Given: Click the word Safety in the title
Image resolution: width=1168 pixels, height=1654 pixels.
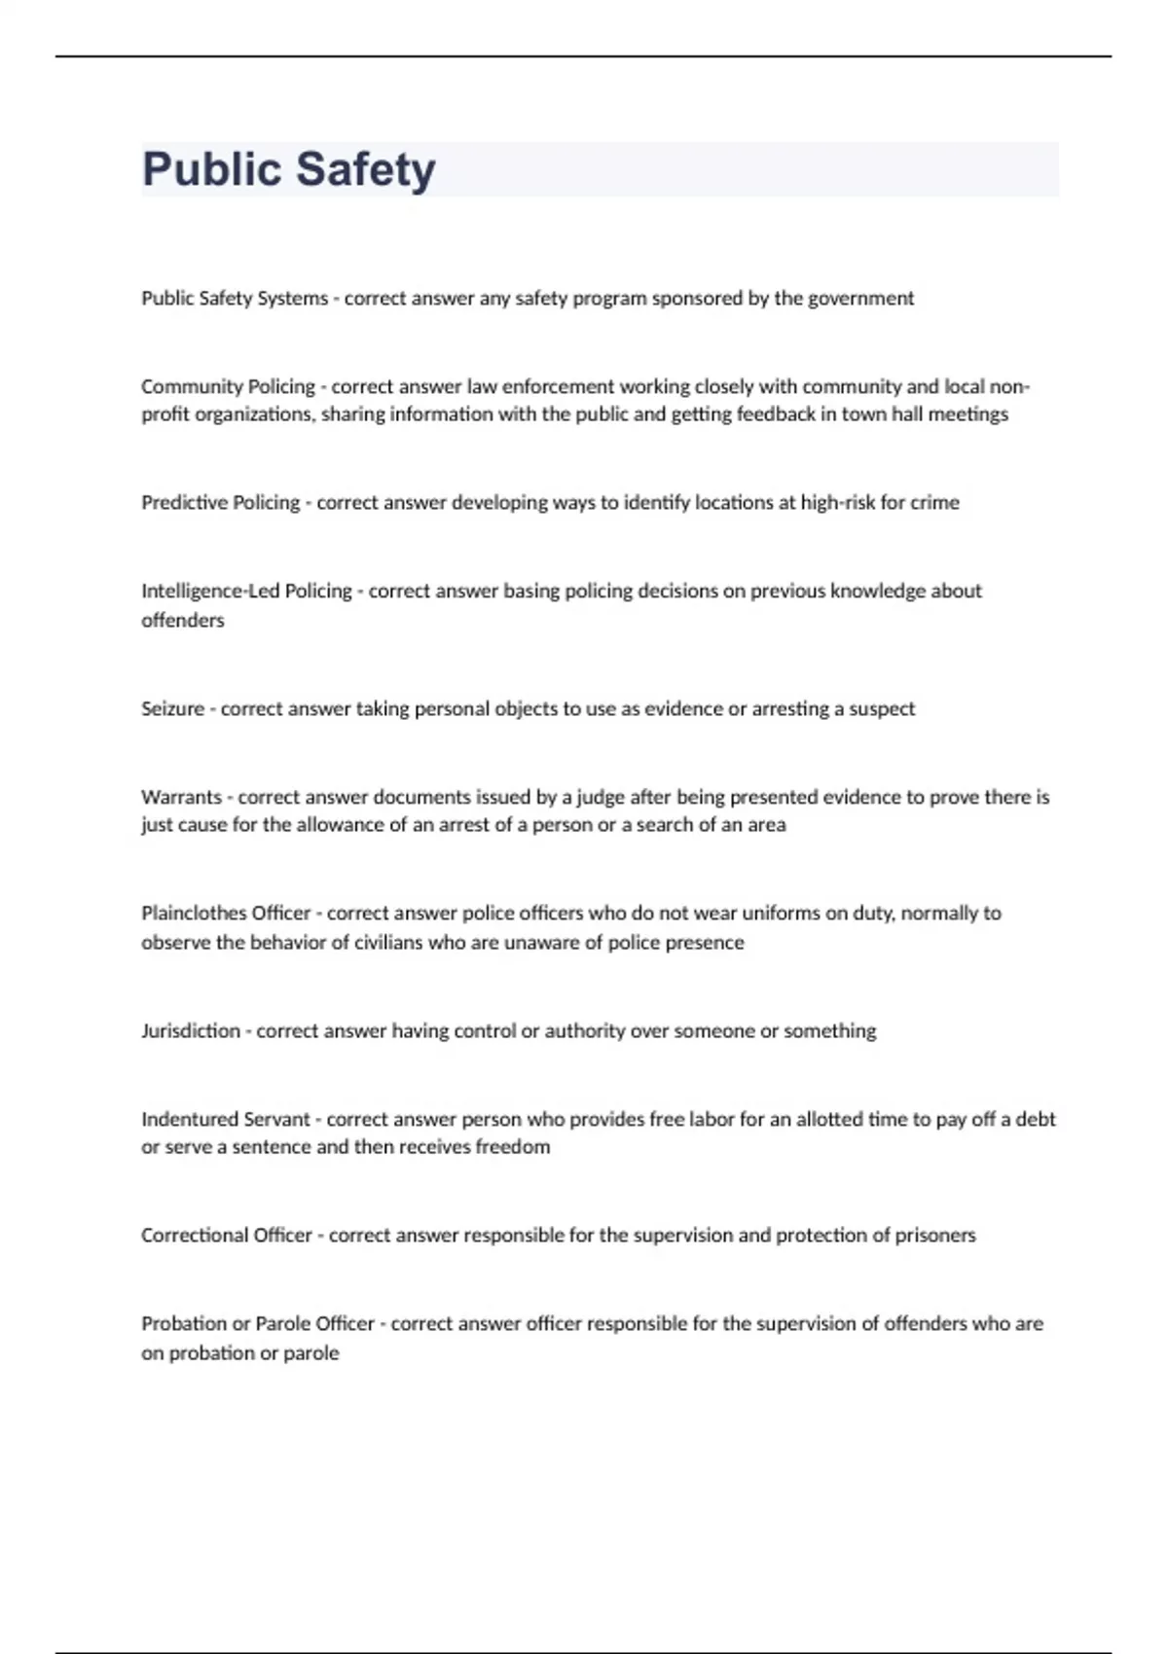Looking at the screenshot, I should click(x=366, y=169).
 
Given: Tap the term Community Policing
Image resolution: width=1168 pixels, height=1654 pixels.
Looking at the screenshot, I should click(x=228, y=386).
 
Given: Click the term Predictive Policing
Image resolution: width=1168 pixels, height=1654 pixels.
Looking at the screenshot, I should click(x=220, y=502).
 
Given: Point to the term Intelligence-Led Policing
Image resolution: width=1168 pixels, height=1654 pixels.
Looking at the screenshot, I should click(x=246, y=591).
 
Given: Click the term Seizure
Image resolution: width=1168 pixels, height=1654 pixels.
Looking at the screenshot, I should click(x=172, y=708).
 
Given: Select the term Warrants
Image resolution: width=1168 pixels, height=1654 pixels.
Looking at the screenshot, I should click(x=181, y=797).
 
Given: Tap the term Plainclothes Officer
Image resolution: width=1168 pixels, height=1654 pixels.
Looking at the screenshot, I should click(x=225, y=913).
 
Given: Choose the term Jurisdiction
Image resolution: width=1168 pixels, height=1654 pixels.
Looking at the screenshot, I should click(x=190, y=1030).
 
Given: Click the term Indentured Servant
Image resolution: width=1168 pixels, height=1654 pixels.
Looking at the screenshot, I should click(x=225, y=1119).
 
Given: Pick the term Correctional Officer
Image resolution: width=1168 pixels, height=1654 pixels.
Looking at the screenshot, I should click(x=226, y=1235).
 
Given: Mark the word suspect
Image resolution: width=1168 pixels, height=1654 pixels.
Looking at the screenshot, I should click(x=882, y=708).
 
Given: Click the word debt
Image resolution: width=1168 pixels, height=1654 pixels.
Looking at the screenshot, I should click(x=1036, y=1119).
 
